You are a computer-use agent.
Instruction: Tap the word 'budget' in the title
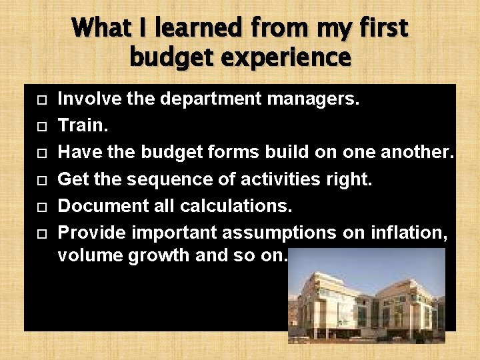[x=172, y=57]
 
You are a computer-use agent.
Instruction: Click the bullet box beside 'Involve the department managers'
[x=41, y=101]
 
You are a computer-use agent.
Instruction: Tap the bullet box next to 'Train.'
[x=41, y=127]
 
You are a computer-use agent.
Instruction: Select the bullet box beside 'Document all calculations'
[x=41, y=207]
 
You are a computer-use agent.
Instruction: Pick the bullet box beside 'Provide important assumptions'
[x=41, y=234]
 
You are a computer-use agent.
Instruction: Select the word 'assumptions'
[x=279, y=233]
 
